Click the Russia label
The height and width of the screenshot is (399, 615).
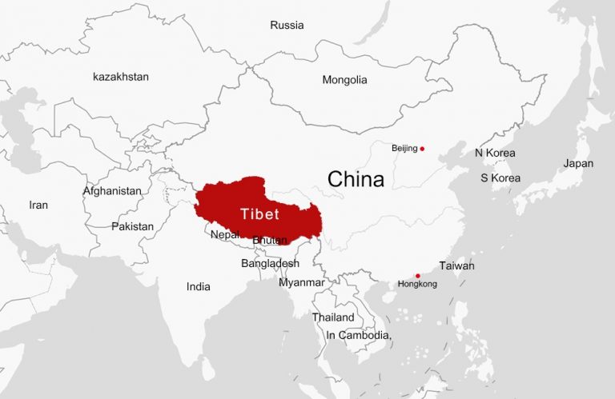(x=287, y=25)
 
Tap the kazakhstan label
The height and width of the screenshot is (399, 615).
(x=121, y=77)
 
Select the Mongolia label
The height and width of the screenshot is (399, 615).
(x=344, y=80)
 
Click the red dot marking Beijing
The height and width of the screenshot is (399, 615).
(x=422, y=149)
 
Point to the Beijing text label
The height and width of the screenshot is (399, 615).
(x=404, y=149)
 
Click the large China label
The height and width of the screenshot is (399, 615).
(x=356, y=179)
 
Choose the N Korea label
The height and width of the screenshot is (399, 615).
(x=495, y=153)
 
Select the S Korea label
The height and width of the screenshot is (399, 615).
(x=500, y=178)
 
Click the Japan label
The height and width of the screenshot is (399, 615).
(x=578, y=163)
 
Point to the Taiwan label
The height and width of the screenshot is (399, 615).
(x=456, y=265)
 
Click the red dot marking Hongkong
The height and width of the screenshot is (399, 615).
(x=418, y=276)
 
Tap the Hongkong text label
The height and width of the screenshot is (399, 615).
(x=417, y=285)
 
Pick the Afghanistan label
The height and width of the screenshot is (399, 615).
(x=112, y=191)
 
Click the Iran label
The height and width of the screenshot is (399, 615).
(x=38, y=205)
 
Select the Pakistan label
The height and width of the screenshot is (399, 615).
(x=132, y=226)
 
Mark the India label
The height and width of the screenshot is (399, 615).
(x=199, y=286)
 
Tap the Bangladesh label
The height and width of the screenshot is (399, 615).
(x=270, y=263)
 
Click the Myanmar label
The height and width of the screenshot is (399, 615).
(x=302, y=282)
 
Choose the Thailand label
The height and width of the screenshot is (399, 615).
(x=333, y=317)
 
